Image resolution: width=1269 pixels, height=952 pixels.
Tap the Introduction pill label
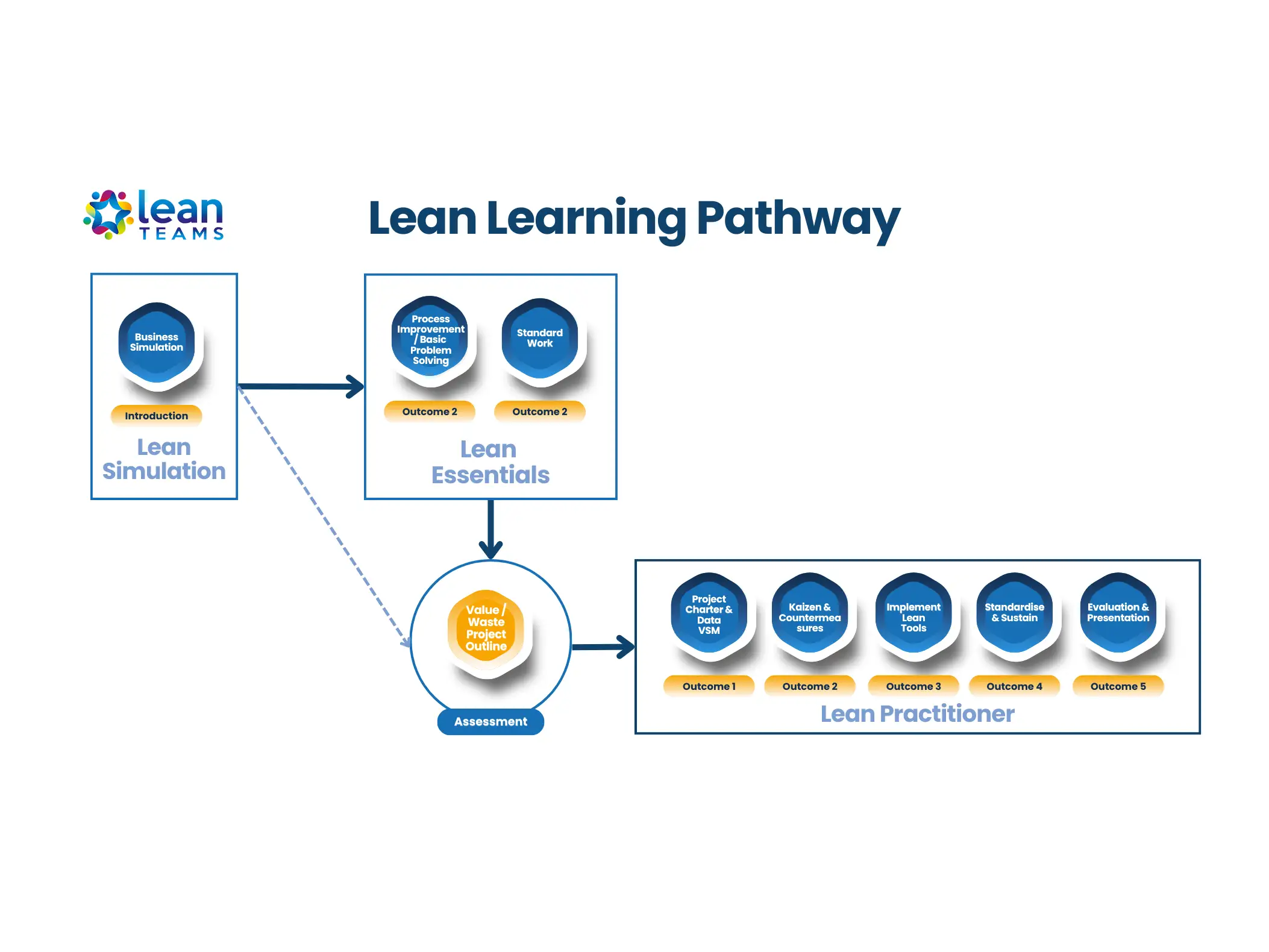coord(157,416)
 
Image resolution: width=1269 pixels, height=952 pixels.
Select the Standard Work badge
coord(540,338)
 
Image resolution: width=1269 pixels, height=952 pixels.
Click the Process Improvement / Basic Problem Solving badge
coord(430,339)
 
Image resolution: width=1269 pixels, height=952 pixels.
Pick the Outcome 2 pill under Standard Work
coord(540,412)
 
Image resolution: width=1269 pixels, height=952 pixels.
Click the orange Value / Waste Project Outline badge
coord(486,628)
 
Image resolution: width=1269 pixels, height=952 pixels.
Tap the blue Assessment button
coord(490,721)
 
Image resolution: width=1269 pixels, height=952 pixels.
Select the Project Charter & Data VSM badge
coord(709,614)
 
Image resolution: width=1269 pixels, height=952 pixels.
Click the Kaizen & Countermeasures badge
coord(810,616)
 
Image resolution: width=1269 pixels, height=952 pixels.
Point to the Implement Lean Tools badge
coord(913,616)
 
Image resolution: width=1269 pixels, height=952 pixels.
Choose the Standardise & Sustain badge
coord(1015,613)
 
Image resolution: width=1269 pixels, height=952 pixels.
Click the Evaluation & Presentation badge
coord(1118,613)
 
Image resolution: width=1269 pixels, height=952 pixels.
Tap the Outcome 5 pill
coord(1118,686)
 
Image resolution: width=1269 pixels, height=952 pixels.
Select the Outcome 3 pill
coord(913,686)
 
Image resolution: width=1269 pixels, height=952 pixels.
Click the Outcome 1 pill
coord(709,686)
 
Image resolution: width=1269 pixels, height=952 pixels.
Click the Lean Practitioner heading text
coord(917,714)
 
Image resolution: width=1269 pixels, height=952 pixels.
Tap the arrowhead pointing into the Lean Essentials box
coord(356,387)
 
